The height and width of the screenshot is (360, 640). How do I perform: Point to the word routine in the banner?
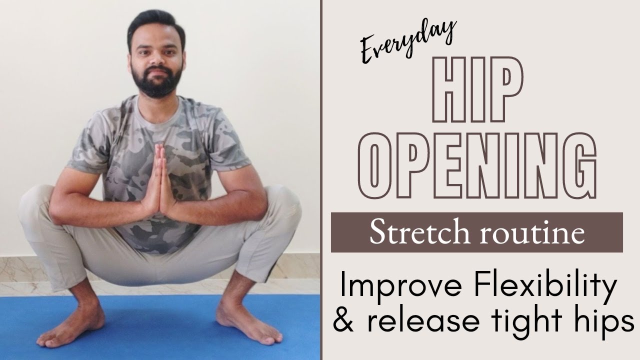[x=532, y=233]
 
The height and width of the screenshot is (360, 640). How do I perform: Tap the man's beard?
[x=156, y=82]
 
